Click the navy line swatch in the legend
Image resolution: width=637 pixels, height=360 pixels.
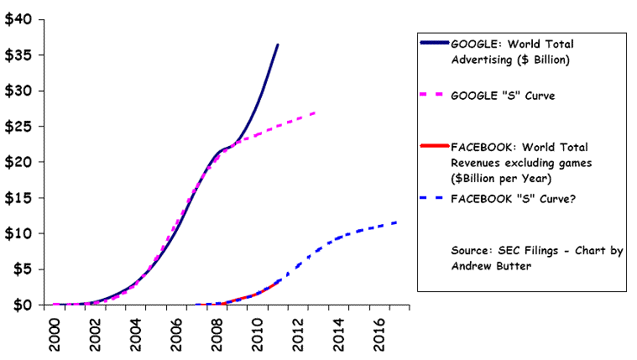pyautogui.click(x=433, y=43)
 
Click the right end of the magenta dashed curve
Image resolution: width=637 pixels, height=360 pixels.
pyautogui.click(x=315, y=112)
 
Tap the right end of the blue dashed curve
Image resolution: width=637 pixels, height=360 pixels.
pyautogui.click(x=396, y=222)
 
